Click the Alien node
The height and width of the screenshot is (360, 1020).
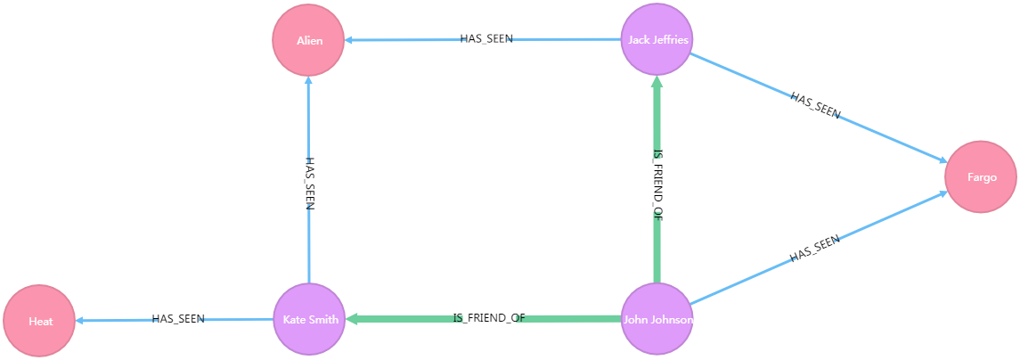tap(308, 40)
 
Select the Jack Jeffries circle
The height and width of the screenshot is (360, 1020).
tap(657, 39)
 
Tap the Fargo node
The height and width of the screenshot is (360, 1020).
tap(981, 177)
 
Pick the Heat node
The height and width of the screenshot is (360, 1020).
tap(39, 321)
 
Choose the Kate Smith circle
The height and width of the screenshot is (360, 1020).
tap(308, 319)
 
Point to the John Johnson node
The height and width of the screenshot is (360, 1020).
tap(657, 319)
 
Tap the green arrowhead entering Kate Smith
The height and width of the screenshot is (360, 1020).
tap(351, 319)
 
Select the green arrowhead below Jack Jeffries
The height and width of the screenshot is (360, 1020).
tap(657, 83)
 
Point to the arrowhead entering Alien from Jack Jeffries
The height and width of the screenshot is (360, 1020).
tap(350, 40)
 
